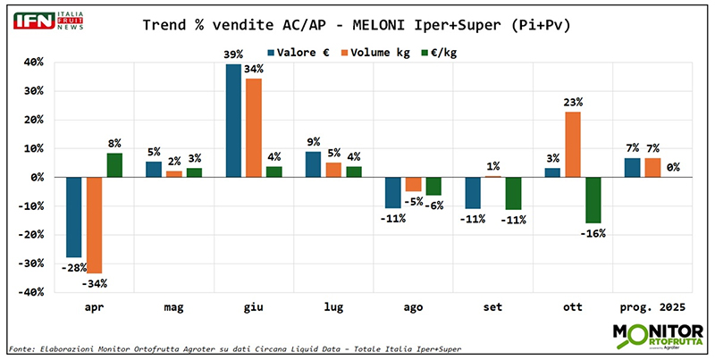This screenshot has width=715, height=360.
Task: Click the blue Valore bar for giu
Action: click(232, 121)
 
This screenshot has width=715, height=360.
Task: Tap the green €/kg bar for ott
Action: click(593, 200)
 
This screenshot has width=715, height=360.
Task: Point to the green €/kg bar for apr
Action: click(114, 165)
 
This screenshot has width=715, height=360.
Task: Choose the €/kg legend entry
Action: click(446, 51)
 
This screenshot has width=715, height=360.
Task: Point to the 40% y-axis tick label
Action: click(33, 63)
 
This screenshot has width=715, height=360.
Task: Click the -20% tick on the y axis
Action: click(31, 235)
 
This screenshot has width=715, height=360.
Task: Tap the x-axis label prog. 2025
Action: click(653, 306)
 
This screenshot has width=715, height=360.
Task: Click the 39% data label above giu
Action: click(233, 54)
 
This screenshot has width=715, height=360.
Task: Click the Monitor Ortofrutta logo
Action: click(656, 335)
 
